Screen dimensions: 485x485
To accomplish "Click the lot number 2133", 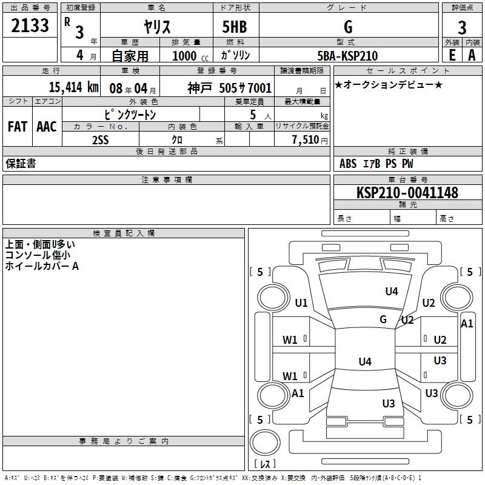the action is pos(30,25).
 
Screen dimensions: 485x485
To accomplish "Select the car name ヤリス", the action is pos(157,27).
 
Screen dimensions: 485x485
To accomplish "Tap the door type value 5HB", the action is pos(235,27).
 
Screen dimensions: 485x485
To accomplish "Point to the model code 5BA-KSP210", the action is pos(347,56).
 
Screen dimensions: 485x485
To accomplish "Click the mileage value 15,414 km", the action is pos(73,87).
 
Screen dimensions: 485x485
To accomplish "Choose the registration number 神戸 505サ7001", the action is pos(230,88).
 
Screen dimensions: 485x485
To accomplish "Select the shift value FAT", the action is pos(18,127).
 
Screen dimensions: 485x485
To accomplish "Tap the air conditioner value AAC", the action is pos(47,127).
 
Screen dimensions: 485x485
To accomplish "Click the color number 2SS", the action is pos(101,140).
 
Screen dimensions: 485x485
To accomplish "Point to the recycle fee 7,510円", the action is pos(310,140).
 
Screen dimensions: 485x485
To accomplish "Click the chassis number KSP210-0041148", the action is pos(407,193).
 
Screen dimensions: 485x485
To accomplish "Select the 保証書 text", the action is pos(21,164).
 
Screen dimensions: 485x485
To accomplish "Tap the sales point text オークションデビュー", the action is pos(389,85).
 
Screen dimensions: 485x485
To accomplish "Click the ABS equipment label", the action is pos(348,164).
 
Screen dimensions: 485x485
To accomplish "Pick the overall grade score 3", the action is pos(462,27).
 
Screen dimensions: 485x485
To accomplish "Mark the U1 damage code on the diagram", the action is pos(301,303).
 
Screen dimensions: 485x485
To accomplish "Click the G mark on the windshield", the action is pos(383,319).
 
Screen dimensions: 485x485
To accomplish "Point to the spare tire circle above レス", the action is pos(265,443).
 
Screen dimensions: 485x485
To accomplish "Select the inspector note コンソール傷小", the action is pos(38,255).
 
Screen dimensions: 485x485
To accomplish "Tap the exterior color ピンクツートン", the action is pos(130,115).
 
